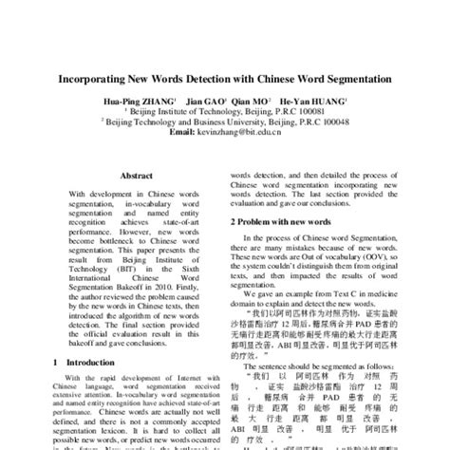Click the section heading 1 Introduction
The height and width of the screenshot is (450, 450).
pos(86,363)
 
